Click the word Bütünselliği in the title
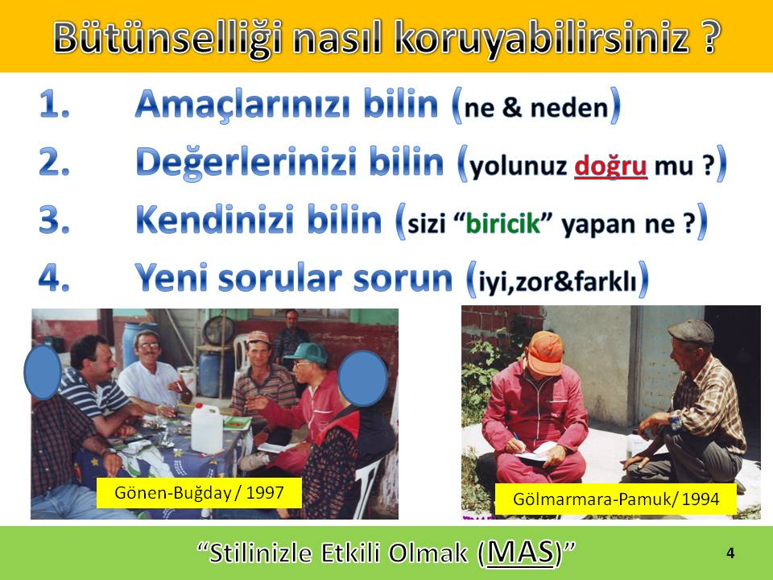tap(167, 39)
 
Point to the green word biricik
tap(502, 223)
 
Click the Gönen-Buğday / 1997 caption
tap(199, 493)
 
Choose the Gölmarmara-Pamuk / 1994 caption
tap(616, 499)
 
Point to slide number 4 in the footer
tap(730, 553)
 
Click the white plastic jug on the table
tap(207, 427)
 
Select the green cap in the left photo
tap(307, 353)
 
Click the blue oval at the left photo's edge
tap(43, 372)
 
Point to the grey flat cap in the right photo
tap(691, 331)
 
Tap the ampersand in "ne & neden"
tap(512, 107)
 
